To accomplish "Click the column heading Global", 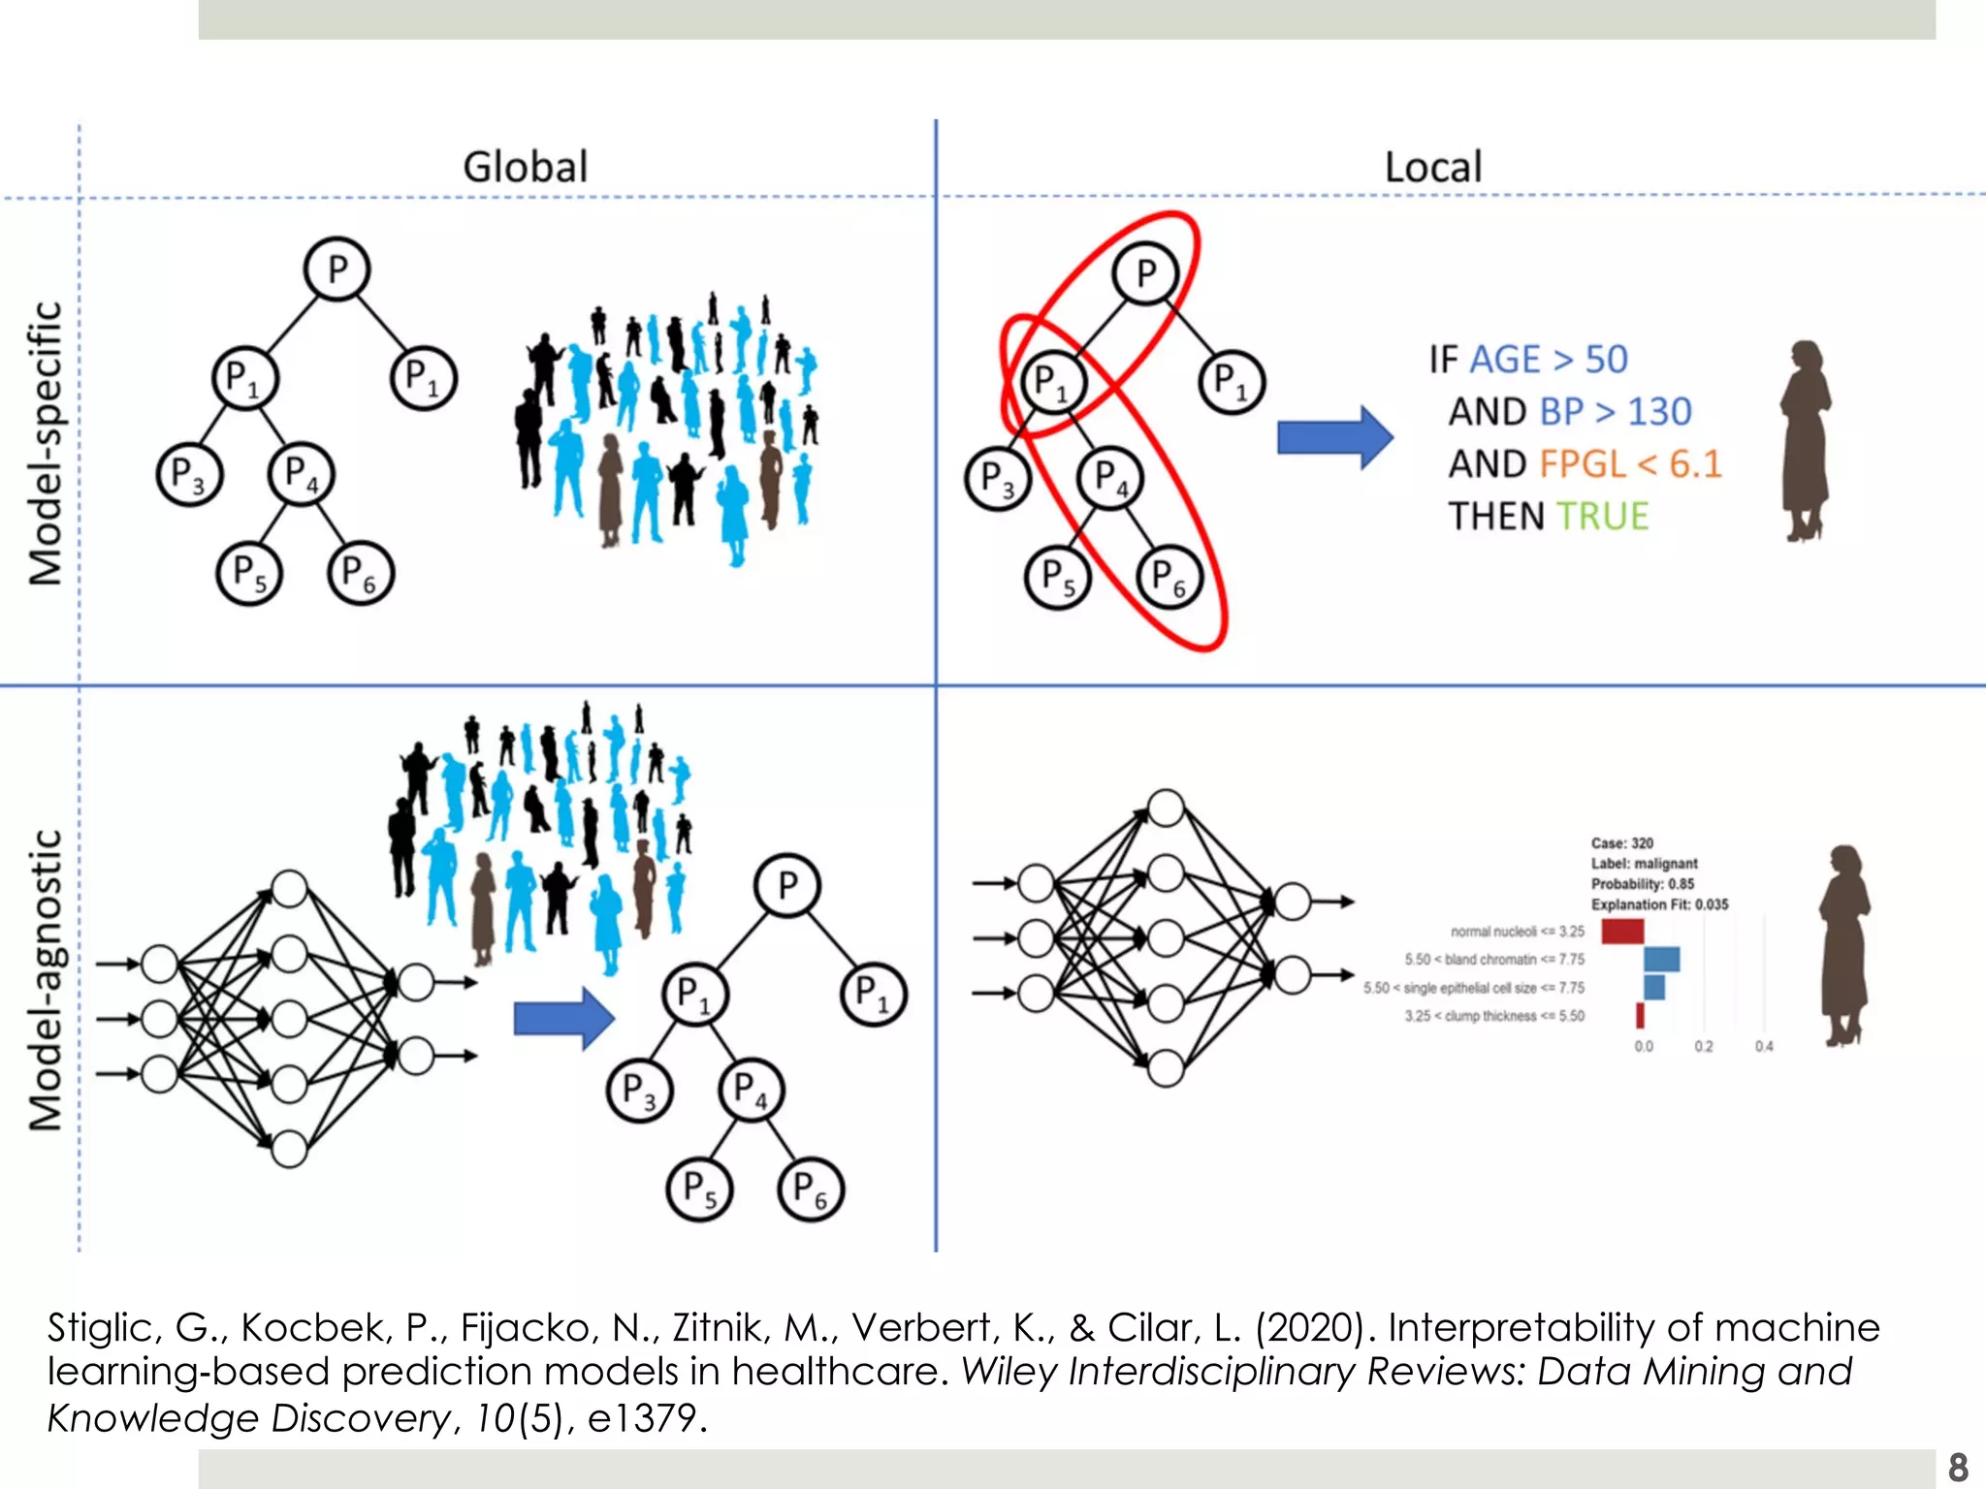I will (x=526, y=167).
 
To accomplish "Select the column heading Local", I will (x=1432, y=167).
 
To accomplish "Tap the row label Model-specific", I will (x=47, y=443).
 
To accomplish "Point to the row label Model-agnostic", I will (x=47, y=979).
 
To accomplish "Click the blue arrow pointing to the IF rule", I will (x=1334, y=437).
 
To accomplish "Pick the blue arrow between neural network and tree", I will (x=563, y=1018).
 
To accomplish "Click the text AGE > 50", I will (x=1549, y=360).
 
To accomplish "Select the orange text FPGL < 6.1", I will (x=1630, y=464).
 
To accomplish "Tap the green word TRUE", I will (x=1602, y=517).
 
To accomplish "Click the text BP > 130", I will (x=1616, y=412).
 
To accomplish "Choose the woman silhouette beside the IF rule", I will (x=1805, y=440).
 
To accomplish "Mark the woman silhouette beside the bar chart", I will (x=1843, y=945).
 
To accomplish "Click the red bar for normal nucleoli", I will (x=1621, y=932).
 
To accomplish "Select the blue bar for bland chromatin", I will (x=1661, y=960).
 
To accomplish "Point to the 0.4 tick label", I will (x=1763, y=1047).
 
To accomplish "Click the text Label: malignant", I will (x=1644, y=864).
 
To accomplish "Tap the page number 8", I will (x=1958, y=1466).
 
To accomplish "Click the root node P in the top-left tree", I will (x=336, y=269).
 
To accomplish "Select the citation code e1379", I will (x=641, y=1418).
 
